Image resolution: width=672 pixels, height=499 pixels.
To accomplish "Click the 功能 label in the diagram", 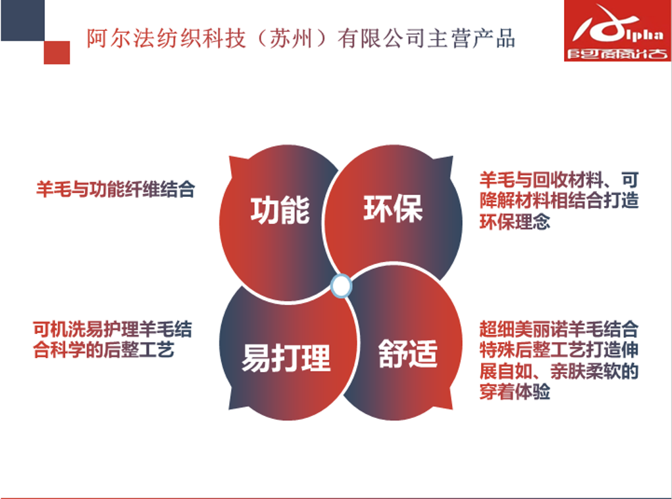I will coord(280,211).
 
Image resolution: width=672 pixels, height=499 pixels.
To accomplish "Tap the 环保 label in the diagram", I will coord(393,209).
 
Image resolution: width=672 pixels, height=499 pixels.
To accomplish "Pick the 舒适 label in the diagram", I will coord(407,354).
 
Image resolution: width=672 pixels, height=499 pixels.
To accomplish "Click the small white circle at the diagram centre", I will coord(341,286).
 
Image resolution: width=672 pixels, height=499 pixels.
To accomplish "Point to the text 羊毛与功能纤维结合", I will coord(116,190).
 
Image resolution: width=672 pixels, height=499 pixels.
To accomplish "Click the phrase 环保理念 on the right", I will coord(515,222).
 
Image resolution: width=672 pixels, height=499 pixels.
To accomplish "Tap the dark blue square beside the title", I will coord(22,20).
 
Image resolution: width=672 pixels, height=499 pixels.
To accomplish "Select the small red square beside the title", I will coord(57,52).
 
